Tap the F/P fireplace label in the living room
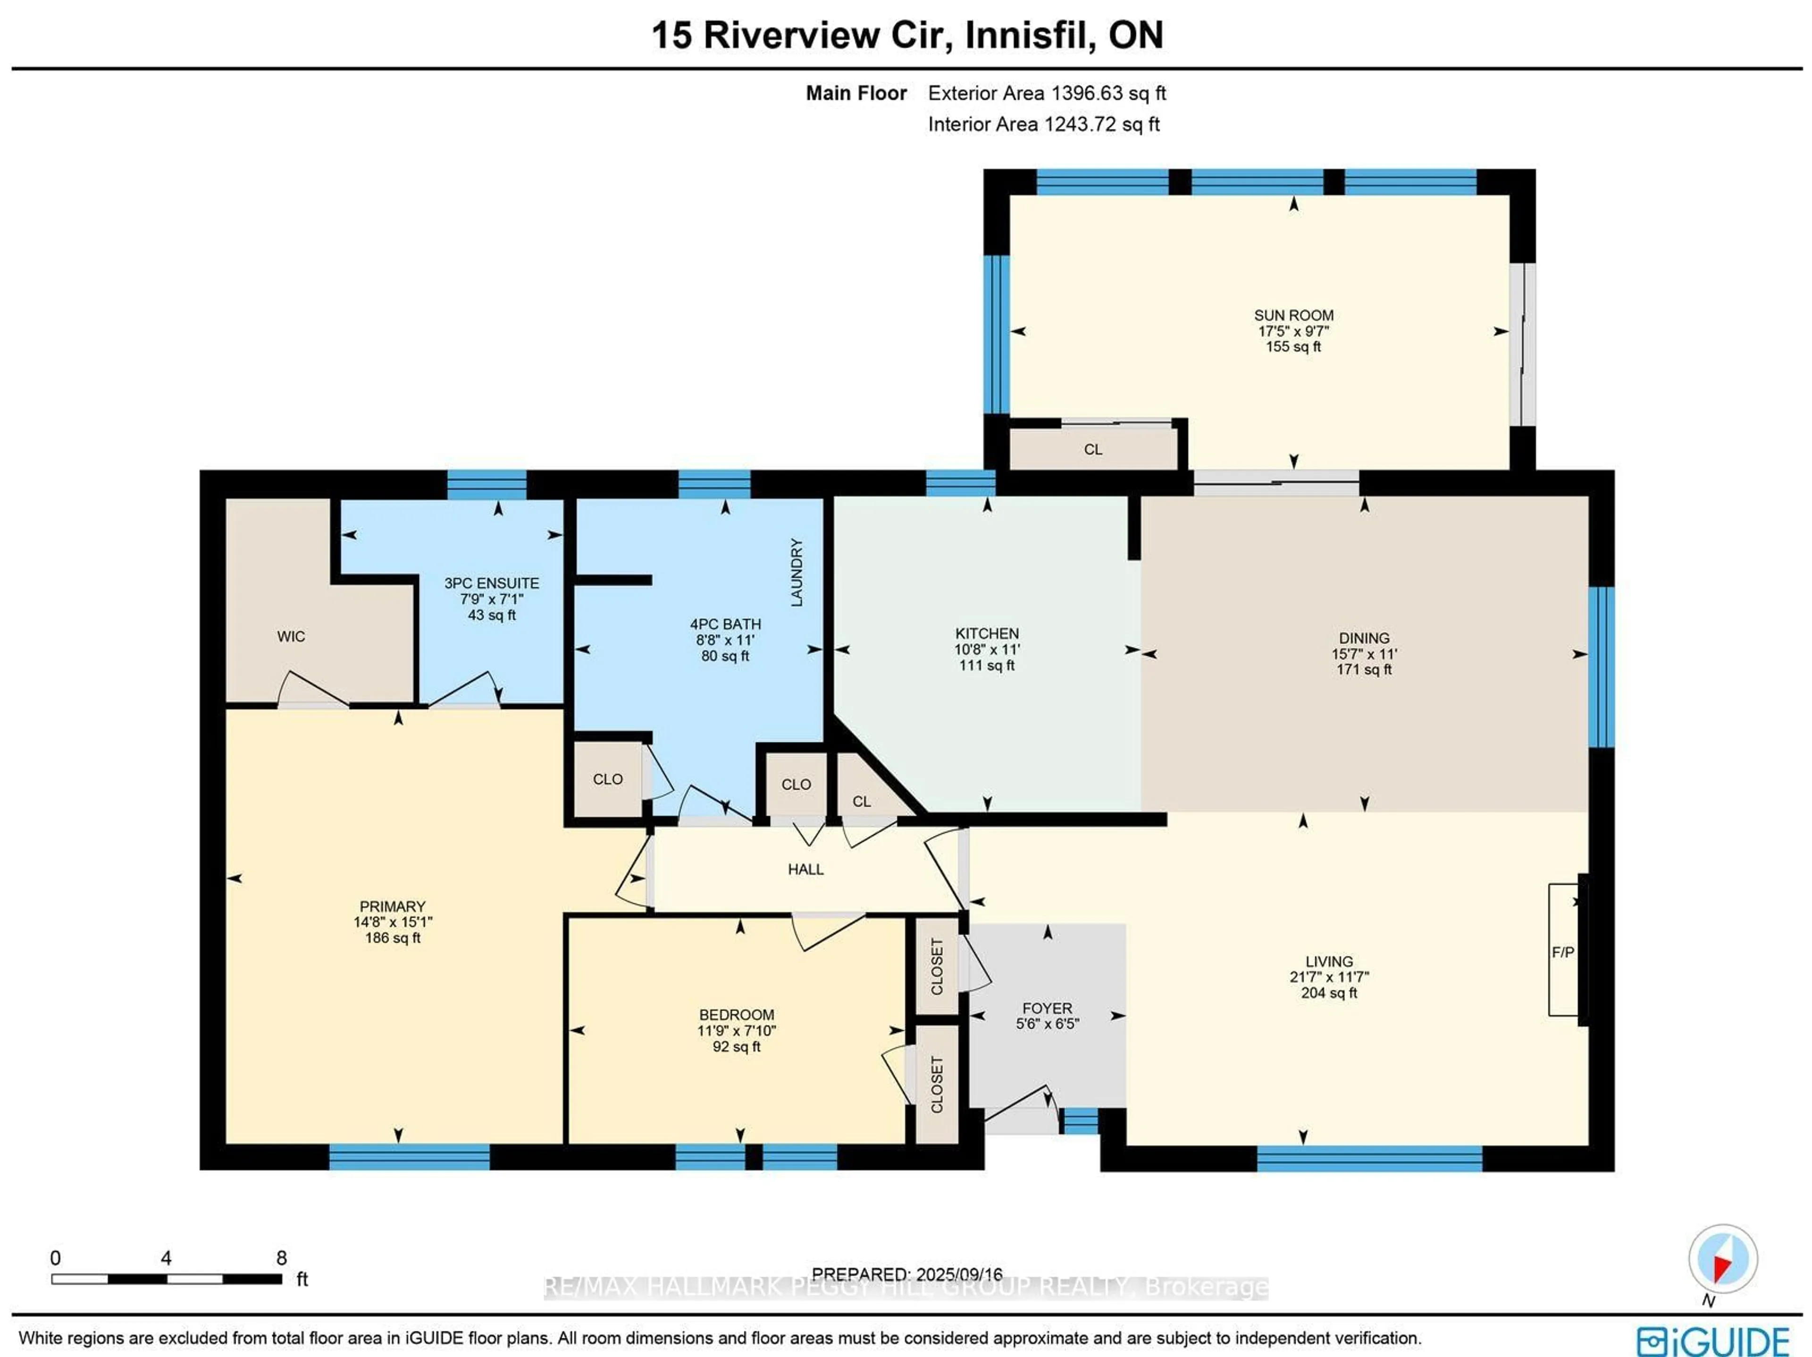[x=1562, y=952]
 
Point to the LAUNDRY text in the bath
[x=796, y=572]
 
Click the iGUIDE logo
[x=1712, y=1341]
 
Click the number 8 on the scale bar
[x=281, y=1258]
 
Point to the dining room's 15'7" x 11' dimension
[x=1363, y=654]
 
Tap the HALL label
[x=805, y=869]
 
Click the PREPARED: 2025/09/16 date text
[x=907, y=1274]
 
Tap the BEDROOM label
[x=736, y=1014]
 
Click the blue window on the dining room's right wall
[x=1601, y=667]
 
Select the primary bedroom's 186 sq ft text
[x=393, y=937]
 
